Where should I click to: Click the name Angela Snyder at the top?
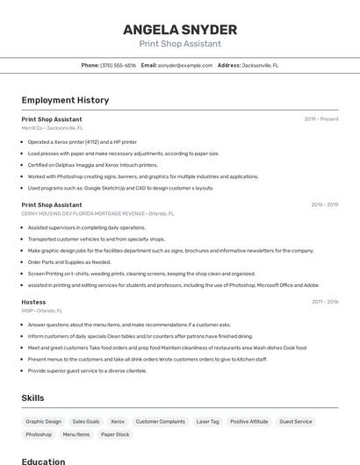tap(179, 29)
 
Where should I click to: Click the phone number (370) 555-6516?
tap(119, 65)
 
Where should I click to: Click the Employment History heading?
tap(65, 100)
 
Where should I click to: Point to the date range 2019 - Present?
tap(321, 119)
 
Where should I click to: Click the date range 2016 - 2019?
tap(324, 205)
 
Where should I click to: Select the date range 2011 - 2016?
tap(324, 302)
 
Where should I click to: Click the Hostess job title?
tap(33, 302)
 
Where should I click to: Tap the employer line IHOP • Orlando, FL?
tap(42, 311)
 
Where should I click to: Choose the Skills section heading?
tap(32, 397)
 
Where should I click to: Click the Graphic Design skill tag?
tap(44, 422)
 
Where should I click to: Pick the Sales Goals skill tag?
tap(86, 422)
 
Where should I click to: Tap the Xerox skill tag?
tap(118, 422)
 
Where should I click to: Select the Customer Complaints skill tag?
tap(160, 422)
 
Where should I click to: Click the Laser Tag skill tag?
tap(207, 422)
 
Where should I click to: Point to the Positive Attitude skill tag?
tap(249, 422)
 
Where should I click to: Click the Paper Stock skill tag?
tap(115, 434)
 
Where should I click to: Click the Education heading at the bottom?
tap(43, 461)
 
